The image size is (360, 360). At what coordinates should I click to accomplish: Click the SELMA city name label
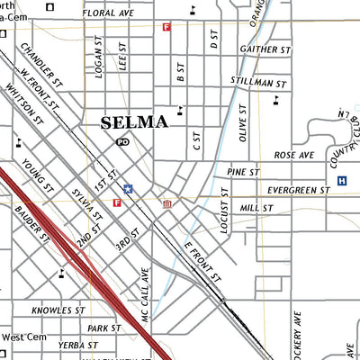134,121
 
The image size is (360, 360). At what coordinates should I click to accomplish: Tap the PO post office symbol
122,141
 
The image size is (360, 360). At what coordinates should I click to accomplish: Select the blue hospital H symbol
342,181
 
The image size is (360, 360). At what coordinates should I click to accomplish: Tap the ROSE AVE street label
294,155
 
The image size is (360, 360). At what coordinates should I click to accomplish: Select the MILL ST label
256,208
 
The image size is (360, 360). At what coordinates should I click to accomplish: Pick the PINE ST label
243,171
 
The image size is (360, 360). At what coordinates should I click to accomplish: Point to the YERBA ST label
77,345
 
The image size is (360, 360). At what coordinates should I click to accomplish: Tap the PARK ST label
104,328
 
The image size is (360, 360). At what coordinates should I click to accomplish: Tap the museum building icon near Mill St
167,206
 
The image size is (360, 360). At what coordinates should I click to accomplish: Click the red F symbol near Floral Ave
166,27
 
